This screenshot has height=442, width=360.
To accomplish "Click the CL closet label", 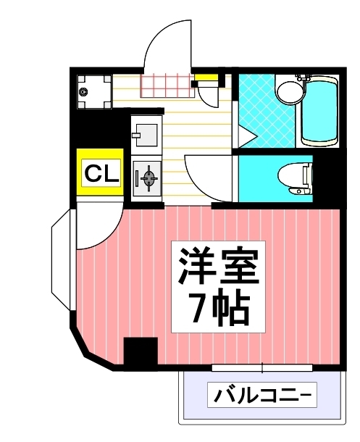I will [x=99, y=174].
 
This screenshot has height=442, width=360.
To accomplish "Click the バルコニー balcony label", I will [x=261, y=396].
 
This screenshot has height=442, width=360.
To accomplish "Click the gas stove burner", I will [x=147, y=178].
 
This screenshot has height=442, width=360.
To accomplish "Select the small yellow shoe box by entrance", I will [x=206, y=79].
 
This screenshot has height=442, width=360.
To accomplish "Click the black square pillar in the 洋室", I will [x=140, y=353].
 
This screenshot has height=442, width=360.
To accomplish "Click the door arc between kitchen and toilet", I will [x=208, y=178].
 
